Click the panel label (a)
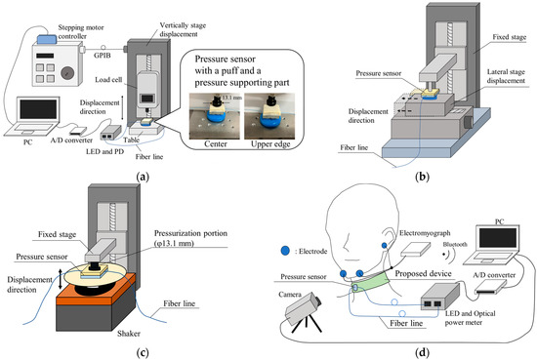pyautogui.click(x=144, y=174)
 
